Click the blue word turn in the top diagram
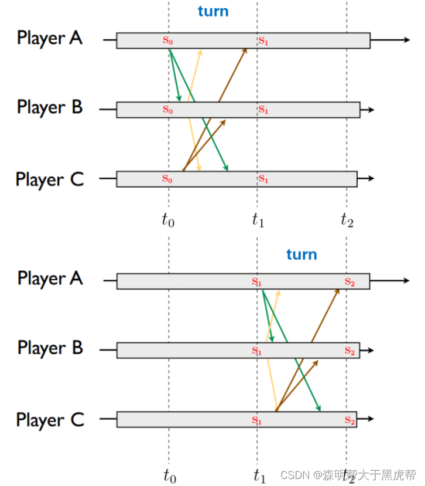(213, 12)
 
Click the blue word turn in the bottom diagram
(301, 254)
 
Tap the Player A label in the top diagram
(50, 38)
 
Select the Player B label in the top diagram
(50, 108)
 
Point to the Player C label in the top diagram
(50, 179)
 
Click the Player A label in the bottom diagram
(50, 278)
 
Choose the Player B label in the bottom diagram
(50, 348)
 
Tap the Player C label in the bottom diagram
(50, 420)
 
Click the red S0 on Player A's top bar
(168, 41)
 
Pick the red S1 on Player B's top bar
(263, 110)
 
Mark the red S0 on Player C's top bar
(168, 179)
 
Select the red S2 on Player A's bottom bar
(349, 282)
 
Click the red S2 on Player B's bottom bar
(349, 351)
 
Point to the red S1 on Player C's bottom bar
(256, 420)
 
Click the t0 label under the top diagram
(169, 220)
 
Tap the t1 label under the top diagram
(258, 220)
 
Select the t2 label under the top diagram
(347, 220)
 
